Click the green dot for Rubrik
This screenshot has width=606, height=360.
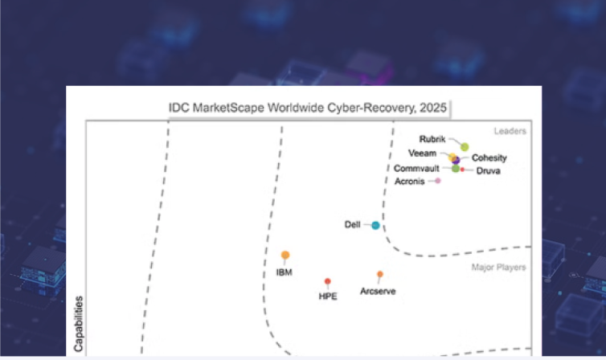[x=465, y=146]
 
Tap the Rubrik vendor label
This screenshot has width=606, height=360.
[x=432, y=139]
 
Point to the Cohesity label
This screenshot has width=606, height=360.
[x=489, y=158]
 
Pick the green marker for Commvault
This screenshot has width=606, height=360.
[x=455, y=169]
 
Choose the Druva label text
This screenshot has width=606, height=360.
[x=488, y=172]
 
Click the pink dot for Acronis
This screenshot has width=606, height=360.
[x=438, y=181]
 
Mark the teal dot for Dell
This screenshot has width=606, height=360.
[x=375, y=225]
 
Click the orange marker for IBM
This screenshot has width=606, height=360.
[x=285, y=255]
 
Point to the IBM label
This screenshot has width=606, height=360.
[x=284, y=272]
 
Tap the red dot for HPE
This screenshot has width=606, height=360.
[x=327, y=281]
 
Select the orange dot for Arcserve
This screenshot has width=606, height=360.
[x=380, y=274]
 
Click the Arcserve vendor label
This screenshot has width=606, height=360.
[x=378, y=291]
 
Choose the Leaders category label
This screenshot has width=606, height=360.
[x=510, y=130]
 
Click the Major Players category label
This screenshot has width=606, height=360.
[x=498, y=267]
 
